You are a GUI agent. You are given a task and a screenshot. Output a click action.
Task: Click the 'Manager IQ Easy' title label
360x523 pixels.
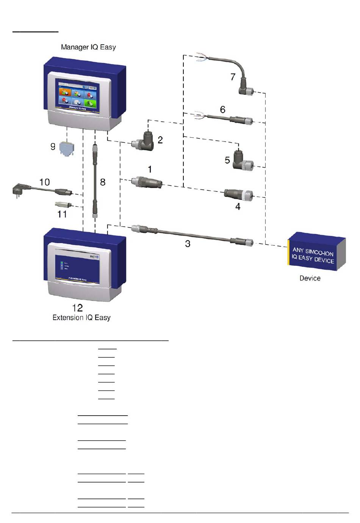(88, 47)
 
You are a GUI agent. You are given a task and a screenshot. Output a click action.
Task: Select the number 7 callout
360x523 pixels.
(233, 77)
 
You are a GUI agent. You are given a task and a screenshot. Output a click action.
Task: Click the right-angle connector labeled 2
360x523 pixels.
(144, 141)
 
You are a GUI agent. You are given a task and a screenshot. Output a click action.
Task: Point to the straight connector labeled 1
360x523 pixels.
(147, 182)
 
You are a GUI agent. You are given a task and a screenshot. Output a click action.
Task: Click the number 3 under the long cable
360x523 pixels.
(188, 244)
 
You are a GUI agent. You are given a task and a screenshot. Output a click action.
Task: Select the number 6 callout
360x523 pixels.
(223, 110)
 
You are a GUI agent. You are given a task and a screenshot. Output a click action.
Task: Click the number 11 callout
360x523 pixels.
(62, 214)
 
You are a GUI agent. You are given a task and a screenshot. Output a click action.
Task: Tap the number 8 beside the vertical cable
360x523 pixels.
(103, 182)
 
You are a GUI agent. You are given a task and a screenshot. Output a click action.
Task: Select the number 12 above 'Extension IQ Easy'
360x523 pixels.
(77, 307)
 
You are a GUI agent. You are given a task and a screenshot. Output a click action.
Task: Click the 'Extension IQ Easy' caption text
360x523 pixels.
(81, 317)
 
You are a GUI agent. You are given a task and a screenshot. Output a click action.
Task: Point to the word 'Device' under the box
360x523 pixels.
(310, 278)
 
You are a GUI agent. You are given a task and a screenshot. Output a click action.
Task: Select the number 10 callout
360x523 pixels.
(45, 182)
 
